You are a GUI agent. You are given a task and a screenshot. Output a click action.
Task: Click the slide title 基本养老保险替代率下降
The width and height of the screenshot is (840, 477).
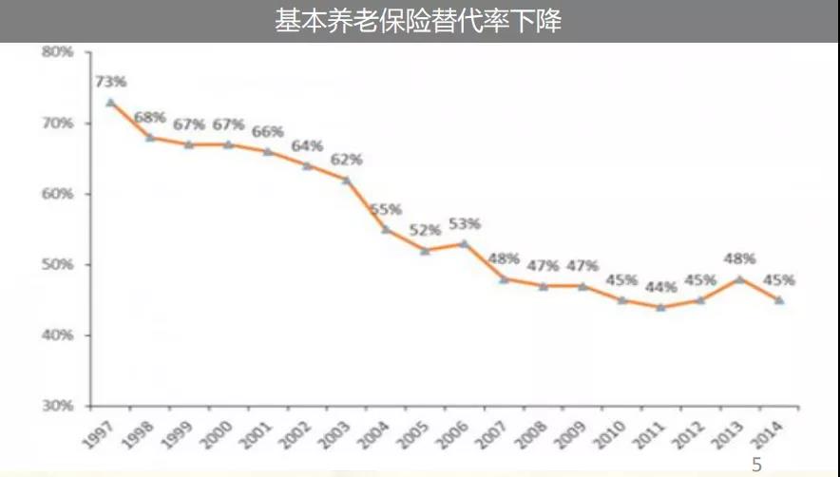(419, 21)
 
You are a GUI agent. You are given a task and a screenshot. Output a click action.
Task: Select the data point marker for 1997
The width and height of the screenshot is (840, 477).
(110, 102)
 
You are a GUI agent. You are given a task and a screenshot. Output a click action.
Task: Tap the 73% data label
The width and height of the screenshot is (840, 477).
(110, 81)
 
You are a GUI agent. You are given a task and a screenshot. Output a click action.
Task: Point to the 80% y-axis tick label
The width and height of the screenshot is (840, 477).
(58, 51)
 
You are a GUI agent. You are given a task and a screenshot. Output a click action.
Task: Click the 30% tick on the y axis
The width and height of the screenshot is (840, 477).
(58, 406)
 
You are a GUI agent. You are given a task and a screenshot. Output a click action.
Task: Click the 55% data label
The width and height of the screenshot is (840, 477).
(385, 209)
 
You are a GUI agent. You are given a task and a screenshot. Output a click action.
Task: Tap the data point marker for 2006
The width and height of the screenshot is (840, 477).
(464, 243)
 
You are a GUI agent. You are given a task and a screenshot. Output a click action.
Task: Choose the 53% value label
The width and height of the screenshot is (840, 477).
(464, 224)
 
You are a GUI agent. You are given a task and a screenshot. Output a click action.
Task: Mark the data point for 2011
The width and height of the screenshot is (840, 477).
(660, 307)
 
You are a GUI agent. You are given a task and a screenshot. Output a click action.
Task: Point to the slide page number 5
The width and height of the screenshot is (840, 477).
(757, 465)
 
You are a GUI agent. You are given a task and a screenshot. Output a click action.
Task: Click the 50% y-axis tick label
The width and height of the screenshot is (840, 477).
(58, 264)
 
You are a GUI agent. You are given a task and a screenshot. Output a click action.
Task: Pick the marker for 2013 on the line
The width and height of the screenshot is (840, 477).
(739, 278)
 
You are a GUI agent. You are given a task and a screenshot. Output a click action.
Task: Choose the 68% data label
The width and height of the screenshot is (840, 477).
(149, 118)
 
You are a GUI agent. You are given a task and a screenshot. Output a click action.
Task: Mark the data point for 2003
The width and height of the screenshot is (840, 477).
(346, 180)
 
